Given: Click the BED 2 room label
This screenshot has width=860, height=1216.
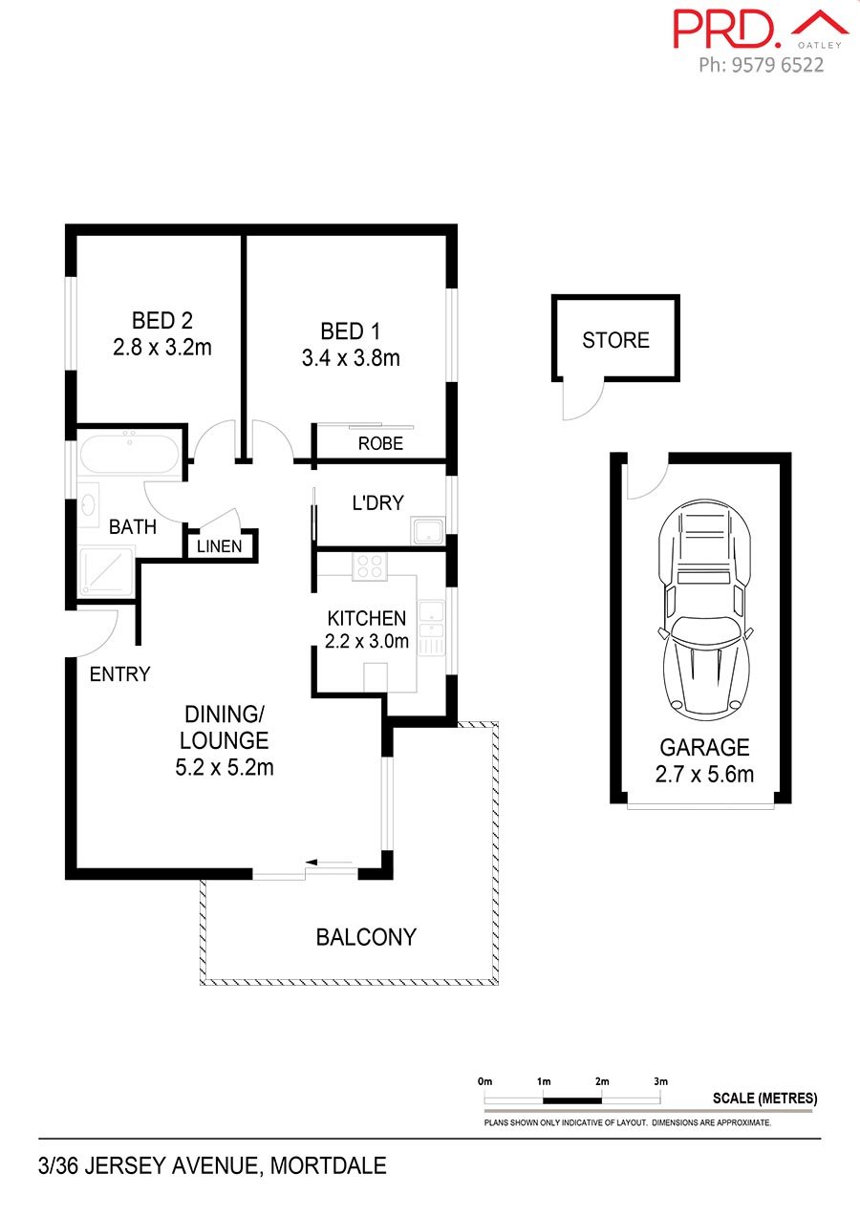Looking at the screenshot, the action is click(162, 320).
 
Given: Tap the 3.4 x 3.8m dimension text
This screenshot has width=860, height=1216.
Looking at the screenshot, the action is click(351, 358).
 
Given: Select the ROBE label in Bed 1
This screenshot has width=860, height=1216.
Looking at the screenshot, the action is click(380, 443).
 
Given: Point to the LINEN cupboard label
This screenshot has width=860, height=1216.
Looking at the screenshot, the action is click(220, 546).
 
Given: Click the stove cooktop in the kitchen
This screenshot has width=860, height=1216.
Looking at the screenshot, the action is click(370, 566).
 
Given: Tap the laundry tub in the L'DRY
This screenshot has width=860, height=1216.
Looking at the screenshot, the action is click(428, 530).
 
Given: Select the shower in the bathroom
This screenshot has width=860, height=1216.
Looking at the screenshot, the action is click(106, 572).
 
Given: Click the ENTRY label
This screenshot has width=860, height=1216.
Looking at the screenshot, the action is click(119, 674).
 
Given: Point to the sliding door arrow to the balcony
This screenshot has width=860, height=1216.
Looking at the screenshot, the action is click(329, 862).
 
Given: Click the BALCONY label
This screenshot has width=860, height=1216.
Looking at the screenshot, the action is click(366, 937).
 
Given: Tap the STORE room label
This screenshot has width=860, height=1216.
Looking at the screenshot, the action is click(615, 340).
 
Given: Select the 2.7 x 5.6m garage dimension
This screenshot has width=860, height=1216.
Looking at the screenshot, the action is click(704, 774).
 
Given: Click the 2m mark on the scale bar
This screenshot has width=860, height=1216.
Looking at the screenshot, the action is click(602, 1081).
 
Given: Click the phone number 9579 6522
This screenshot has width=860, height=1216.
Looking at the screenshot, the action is click(778, 65).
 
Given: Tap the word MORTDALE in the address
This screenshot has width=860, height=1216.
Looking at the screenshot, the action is click(329, 1165).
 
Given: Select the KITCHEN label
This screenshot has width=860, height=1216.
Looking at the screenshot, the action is click(367, 618).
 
